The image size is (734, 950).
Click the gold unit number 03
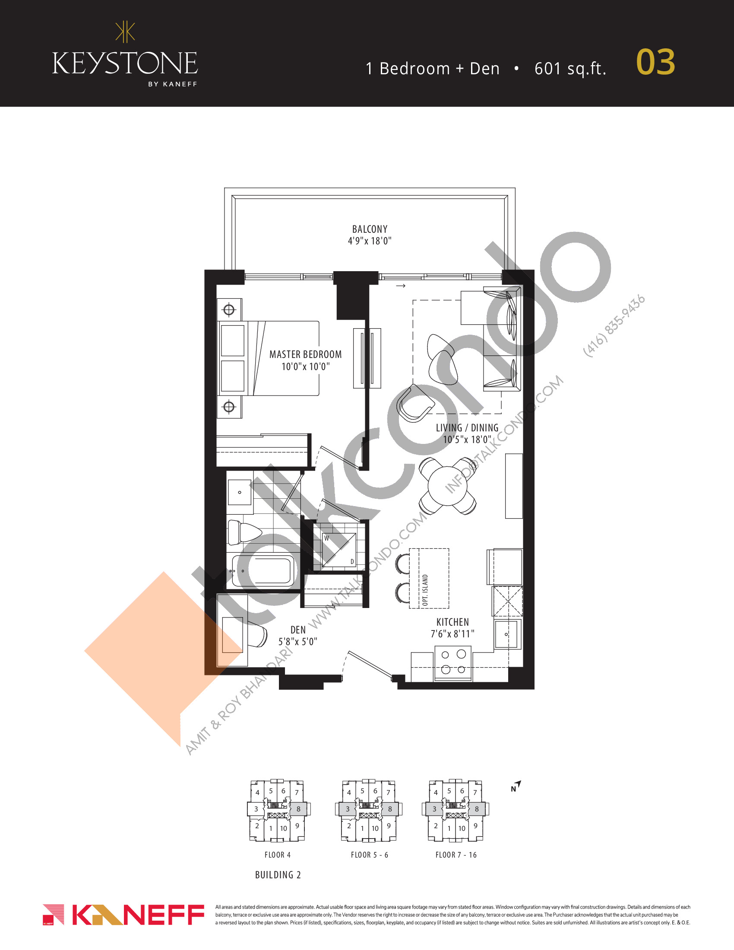point(655,62)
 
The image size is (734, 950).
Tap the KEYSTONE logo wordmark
point(125,63)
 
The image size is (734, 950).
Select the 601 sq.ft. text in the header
point(570,69)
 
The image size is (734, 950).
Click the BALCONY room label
point(370,229)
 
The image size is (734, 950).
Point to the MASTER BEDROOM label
point(305,355)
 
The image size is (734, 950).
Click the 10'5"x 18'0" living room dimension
point(467,439)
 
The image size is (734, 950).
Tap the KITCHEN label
point(452,622)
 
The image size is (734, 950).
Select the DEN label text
point(298,630)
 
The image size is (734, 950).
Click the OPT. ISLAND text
point(425,590)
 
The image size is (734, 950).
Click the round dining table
point(448,485)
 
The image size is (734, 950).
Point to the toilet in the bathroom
point(244,532)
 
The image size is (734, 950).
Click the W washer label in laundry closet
point(326,538)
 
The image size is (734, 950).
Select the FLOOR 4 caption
point(278,855)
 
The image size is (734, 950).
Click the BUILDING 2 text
point(278,875)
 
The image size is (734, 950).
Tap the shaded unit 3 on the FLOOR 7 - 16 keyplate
point(434,809)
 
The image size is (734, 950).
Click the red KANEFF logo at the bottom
point(123,915)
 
